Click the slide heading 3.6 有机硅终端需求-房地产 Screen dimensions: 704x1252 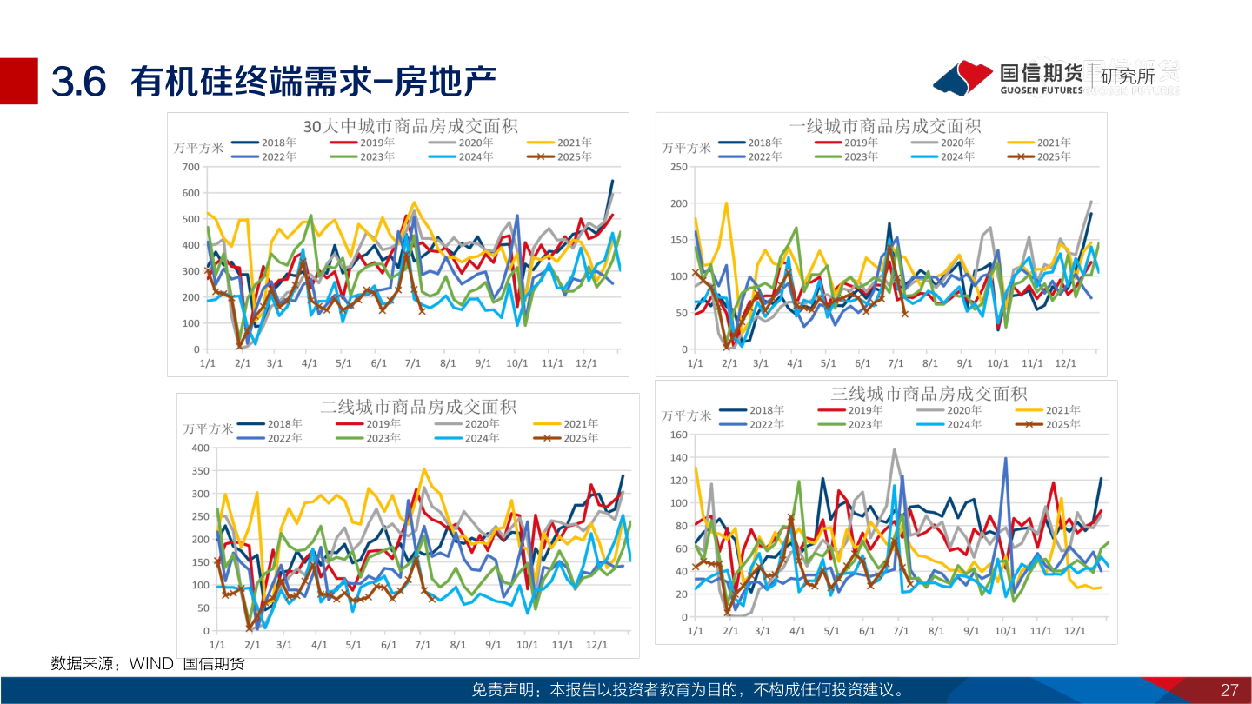pyautogui.click(x=274, y=82)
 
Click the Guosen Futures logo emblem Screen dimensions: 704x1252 pyautogui.click(x=963, y=77)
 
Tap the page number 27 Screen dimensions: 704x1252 pyautogui.click(x=1229, y=690)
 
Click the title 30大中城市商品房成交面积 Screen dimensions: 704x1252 pyautogui.click(x=410, y=125)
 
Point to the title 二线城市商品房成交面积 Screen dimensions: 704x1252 pyautogui.click(x=418, y=406)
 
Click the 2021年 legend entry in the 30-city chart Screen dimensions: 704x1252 pyautogui.click(x=560, y=143)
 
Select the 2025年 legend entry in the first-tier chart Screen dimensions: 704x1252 pyautogui.click(x=1039, y=156)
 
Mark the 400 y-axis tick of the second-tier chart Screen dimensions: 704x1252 pyautogui.click(x=200, y=448)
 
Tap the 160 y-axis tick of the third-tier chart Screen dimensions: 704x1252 pyautogui.click(x=677, y=435)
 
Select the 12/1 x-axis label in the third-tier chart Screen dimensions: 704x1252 pyautogui.click(x=1076, y=629)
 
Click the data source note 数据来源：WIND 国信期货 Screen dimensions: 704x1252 pyautogui.click(x=148, y=664)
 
